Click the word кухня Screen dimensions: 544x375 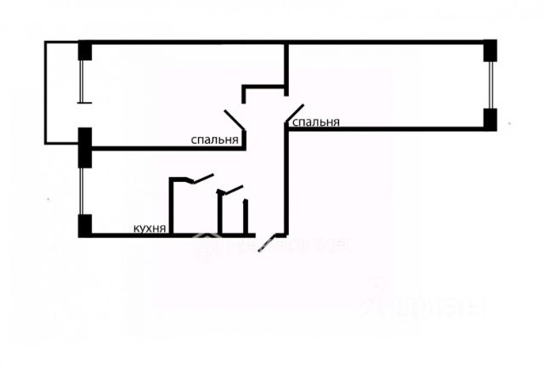[149, 228]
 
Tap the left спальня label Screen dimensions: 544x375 [213, 140]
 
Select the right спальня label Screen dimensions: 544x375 [316, 122]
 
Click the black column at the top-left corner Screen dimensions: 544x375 [85, 51]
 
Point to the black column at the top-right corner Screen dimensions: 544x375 [490, 50]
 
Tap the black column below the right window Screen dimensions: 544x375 [490, 119]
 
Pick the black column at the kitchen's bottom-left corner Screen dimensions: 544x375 [85, 226]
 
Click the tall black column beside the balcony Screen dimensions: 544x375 [85, 146]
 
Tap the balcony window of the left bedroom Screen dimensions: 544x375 [83, 82]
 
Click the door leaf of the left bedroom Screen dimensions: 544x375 [234, 120]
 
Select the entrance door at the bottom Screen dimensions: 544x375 [269, 242]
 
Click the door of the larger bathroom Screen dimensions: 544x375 [202, 179]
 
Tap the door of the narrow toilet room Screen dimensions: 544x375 [230, 189]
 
